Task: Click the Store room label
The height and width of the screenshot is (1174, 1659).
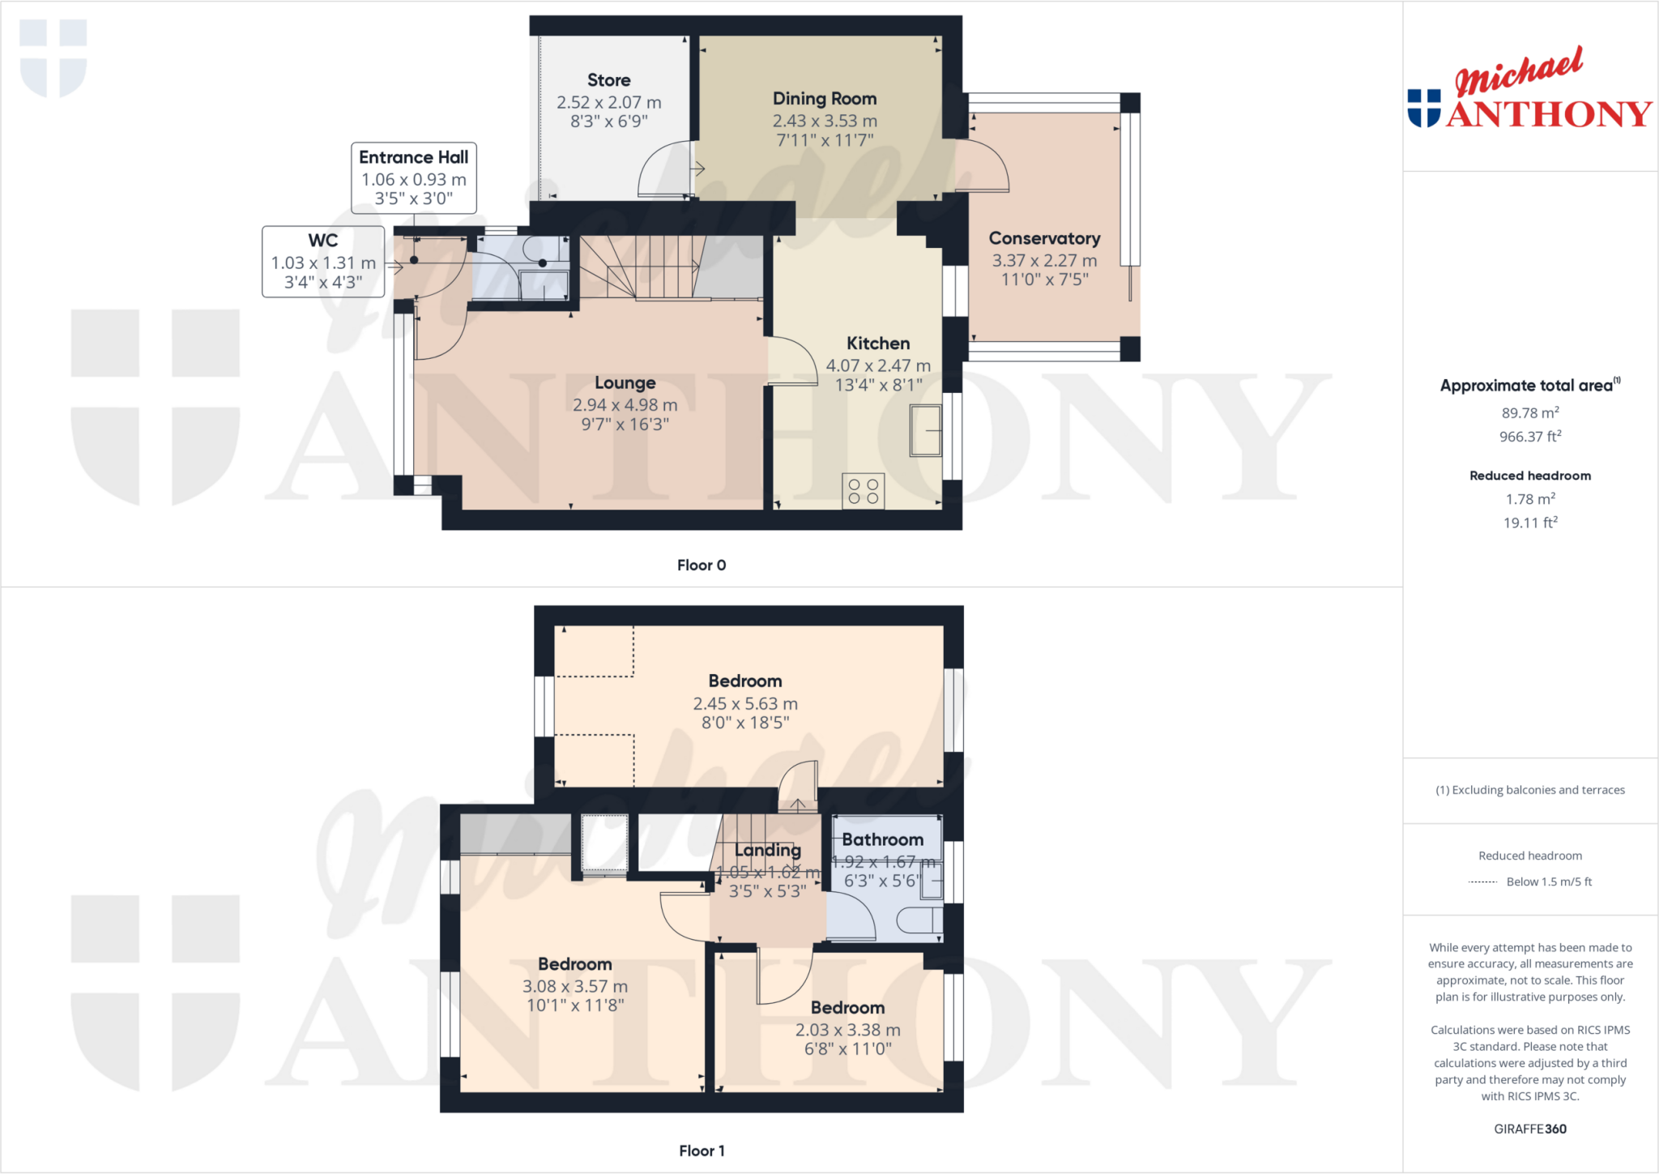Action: [608, 80]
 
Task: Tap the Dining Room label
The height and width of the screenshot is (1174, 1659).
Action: [825, 99]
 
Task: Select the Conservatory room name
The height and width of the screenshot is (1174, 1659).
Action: [1044, 239]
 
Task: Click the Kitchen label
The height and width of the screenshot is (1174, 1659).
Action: [878, 344]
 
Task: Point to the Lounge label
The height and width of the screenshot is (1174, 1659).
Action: [625, 383]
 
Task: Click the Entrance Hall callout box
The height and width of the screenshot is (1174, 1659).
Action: [414, 177]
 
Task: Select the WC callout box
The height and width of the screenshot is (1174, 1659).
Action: [323, 261]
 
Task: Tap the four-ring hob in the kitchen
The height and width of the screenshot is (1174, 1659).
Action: [864, 491]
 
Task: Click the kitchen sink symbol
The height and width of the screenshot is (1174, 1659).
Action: [926, 430]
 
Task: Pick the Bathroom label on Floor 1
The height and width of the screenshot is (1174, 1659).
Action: [882, 840]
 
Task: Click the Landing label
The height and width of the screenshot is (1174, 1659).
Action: [767, 851]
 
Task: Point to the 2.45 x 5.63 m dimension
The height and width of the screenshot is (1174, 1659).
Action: [745, 704]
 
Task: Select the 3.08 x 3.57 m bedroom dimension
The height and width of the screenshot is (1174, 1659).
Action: [575, 987]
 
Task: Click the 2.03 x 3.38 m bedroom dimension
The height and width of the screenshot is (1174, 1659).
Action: [847, 1030]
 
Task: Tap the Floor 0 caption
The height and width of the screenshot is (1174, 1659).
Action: [702, 566]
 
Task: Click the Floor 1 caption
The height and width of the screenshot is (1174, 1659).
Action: [702, 1151]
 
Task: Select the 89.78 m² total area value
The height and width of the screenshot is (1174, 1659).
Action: [1530, 413]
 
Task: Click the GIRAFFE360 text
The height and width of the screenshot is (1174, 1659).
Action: [1530, 1129]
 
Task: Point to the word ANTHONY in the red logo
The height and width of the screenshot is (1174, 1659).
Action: [1549, 114]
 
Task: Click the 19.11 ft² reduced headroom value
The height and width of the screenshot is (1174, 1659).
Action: [1530, 523]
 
